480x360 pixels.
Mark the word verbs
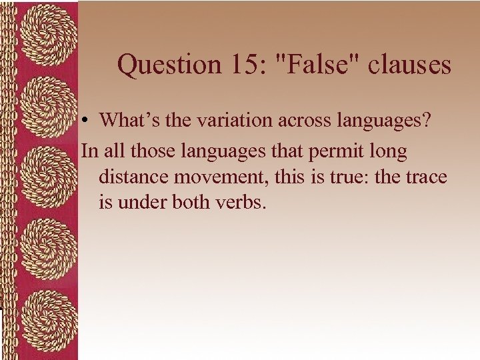(239, 202)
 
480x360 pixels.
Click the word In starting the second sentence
(89, 151)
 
